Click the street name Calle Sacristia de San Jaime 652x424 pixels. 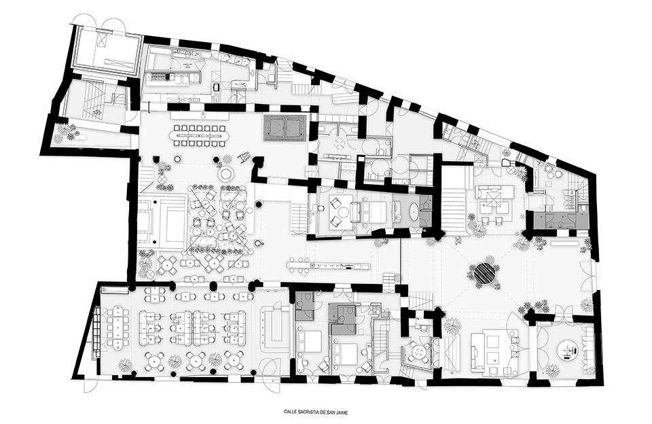pos(318,412)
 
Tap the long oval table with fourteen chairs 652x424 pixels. pos(198,135)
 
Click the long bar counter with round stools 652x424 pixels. pos(329,265)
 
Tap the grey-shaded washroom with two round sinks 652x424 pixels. pos(560,219)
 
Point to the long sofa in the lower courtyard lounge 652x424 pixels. pos(475,351)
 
